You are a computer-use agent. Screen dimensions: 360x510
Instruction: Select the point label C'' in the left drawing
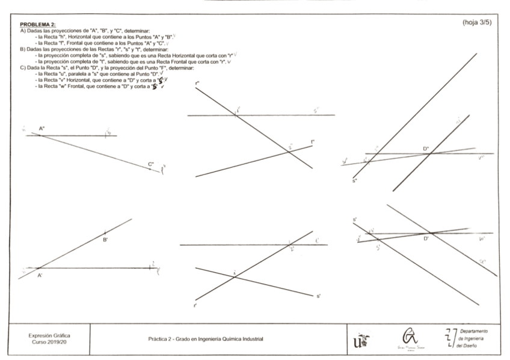point(151,163)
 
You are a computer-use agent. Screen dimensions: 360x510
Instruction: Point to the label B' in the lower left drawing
point(105,239)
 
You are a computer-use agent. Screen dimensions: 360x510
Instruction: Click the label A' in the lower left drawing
point(40,275)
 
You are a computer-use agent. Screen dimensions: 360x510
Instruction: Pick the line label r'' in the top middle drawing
point(197,83)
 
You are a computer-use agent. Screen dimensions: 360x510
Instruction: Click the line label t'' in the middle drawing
point(313,142)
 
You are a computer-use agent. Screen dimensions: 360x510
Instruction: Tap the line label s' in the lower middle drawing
point(318,296)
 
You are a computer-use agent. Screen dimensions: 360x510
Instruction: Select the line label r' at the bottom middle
point(195,306)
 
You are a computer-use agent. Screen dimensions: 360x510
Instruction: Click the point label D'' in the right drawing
point(426,148)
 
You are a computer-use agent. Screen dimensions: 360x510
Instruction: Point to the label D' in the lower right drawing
point(426,239)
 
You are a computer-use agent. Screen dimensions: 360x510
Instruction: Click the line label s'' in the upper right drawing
point(355,180)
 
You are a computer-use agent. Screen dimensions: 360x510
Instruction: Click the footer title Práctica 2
point(205,339)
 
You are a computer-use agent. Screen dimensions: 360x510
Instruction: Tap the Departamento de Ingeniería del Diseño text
point(473,338)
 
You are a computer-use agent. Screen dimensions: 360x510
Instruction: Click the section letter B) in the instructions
point(23,49)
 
